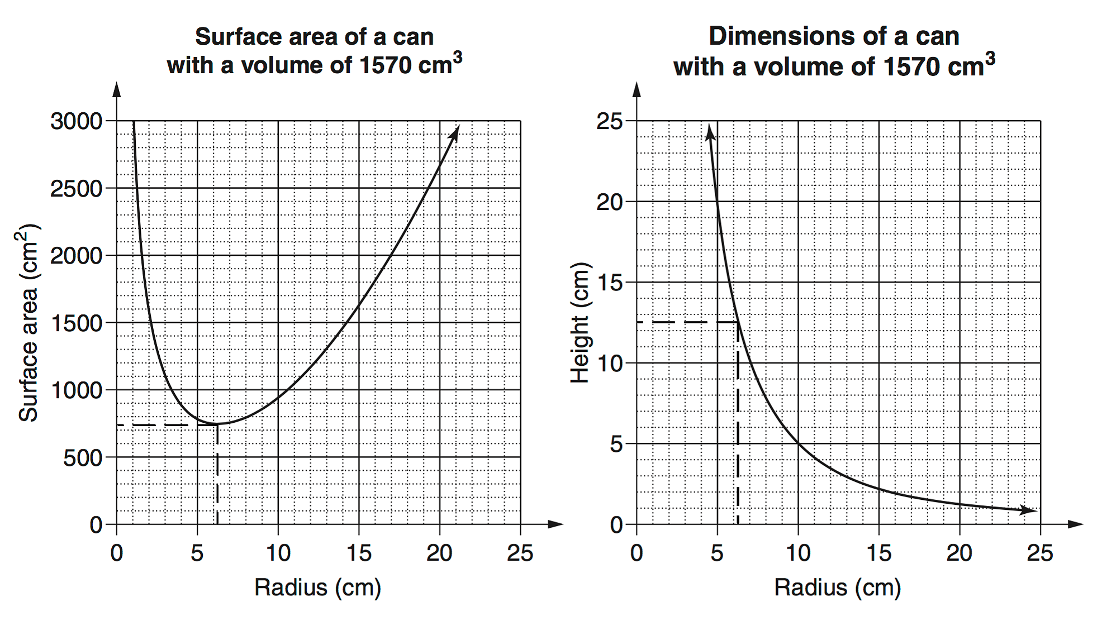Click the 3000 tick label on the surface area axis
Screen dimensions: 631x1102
click(x=77, y=121)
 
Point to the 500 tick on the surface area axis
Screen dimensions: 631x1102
click(x=83, y=458)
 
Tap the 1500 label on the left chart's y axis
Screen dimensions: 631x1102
click(x=77, y=323)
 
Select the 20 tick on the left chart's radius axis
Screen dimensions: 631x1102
click(x=439, y=553)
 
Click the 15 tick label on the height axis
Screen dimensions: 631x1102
click(x=610, y=283)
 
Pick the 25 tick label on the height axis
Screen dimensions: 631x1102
click(x=610, y=121)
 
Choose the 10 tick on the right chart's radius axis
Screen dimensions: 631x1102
click(x=798, y=553)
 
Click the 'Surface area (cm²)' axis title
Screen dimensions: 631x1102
click(x=28, y=323)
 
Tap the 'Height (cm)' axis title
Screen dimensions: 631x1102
click(x=580, y=323)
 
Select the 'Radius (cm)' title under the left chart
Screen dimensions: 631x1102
click(x=317, y=588)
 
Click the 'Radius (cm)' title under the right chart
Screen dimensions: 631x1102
click(x=837, y=588)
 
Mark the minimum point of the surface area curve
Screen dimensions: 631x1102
click(x=217, y=424)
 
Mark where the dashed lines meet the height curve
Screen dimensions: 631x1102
click(x=738, y=322)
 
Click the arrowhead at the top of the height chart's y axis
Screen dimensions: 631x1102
click(x=636, y=89)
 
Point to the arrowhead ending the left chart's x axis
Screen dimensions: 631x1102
click(x=557, y=524)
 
